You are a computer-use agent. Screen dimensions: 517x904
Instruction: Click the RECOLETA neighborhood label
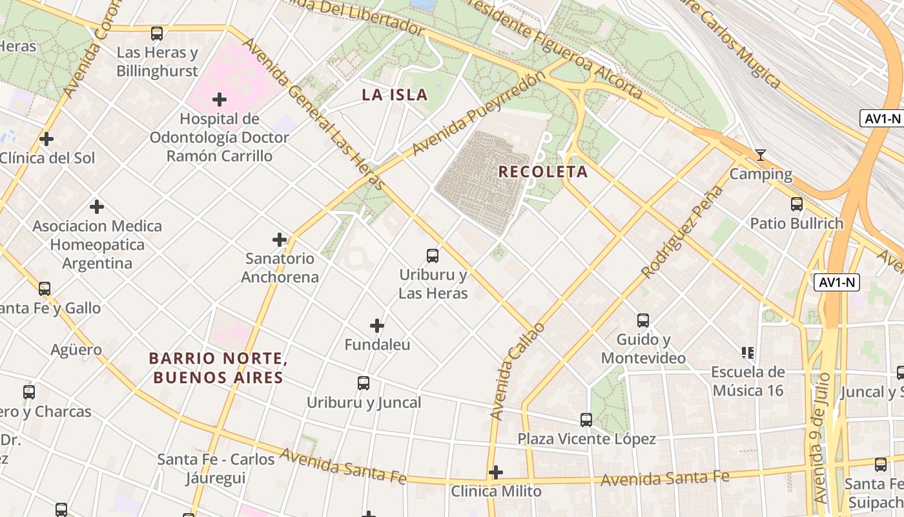tap(543, 172)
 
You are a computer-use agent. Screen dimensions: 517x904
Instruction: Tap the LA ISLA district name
tap(395, 95)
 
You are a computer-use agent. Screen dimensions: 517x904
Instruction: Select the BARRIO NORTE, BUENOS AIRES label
tap(218, 368)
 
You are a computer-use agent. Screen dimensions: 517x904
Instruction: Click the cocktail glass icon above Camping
tap(761, 155)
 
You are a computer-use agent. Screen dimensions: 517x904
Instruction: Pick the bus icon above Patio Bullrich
tap(797, 204)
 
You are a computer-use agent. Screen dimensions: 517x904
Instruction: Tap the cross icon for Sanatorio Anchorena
tap(280, 240)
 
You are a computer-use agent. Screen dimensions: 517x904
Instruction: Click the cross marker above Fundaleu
tap(377, 326)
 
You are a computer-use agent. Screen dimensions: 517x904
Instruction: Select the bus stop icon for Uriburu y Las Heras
tap(433, 256)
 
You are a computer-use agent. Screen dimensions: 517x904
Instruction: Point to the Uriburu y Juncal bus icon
tap(364, 383)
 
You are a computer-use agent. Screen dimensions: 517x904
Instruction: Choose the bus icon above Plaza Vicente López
tap(586, 420)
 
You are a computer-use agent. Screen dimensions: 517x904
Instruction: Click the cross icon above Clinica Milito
tap(495, 472)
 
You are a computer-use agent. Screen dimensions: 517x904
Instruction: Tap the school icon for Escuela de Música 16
tap(748, 353)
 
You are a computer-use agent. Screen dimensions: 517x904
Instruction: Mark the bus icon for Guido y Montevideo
tap(643, 321)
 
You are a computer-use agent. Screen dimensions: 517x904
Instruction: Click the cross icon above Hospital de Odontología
tap(220, 100)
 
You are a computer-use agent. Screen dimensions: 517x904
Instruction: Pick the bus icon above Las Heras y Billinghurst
tap(157, 34)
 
